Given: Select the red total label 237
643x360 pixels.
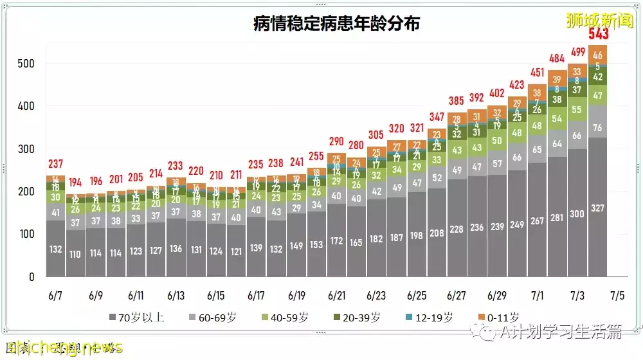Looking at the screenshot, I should point(55,164).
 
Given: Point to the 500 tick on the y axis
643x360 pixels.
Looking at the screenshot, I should point(26,64).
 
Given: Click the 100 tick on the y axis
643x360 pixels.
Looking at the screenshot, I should point(26,235).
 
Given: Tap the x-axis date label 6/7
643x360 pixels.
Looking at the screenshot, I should point(55,296).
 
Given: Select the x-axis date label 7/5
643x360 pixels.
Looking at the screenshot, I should point(617,296).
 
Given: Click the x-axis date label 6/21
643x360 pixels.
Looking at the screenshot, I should point(336,296).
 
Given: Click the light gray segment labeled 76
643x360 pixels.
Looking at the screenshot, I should point(597,127).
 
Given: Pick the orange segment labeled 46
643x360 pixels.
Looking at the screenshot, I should point(597,55).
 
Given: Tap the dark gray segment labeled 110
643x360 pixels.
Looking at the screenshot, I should point(75,254).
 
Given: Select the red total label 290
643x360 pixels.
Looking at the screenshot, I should point(336,141).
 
